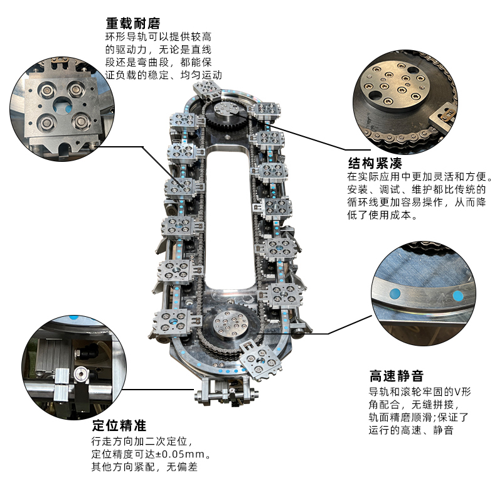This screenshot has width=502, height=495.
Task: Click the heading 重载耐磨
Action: coord(128,23)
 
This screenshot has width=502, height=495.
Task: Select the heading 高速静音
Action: coord(396,376)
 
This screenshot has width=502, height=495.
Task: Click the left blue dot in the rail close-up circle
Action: coord(395,292)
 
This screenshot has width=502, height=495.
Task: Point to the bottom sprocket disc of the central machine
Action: coord(227,327)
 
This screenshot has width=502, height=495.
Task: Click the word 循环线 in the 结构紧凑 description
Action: coord(361,203)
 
